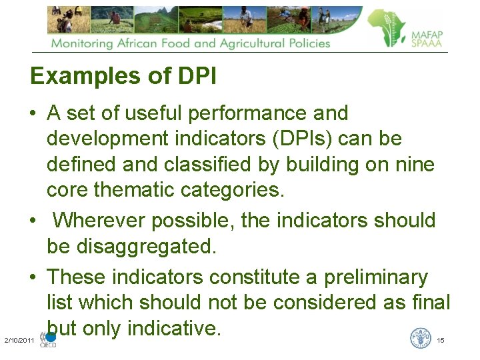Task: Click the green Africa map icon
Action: [387, 28]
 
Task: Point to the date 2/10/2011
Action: [19, 341]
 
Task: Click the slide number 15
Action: [441, 341]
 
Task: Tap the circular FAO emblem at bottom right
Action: [420, 338]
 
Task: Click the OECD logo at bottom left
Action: [49, 340]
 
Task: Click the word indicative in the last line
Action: [173, 328]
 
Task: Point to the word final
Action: [431, 302]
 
